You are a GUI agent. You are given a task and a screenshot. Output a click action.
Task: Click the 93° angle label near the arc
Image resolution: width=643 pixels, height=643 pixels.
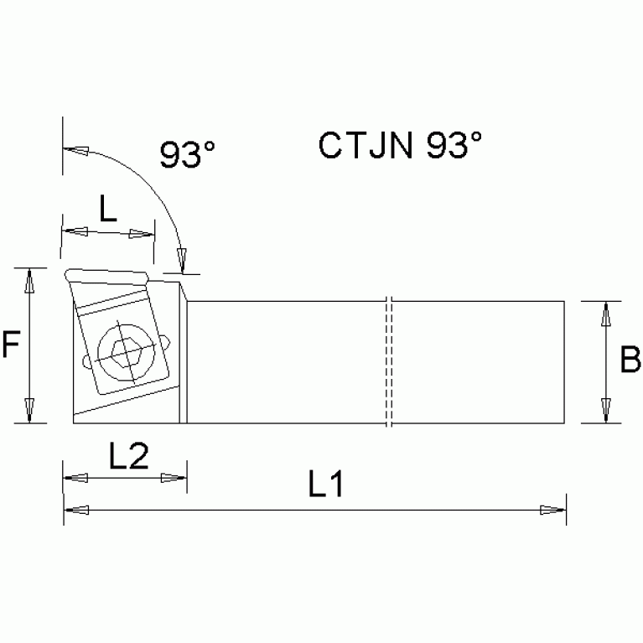(x=188, y=155)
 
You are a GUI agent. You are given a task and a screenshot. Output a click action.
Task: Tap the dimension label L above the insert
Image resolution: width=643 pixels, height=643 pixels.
(x=108, y=209)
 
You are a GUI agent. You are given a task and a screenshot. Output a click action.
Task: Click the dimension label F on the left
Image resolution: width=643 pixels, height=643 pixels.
(x=11, y=345)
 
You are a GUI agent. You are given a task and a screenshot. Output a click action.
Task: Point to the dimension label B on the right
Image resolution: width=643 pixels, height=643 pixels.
(x=630, y=360)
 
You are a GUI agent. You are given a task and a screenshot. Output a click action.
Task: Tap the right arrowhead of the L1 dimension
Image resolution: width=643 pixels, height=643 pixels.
(x=552, y=510)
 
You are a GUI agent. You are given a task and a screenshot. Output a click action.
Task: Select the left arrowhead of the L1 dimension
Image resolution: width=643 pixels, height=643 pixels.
(x=75, y=509)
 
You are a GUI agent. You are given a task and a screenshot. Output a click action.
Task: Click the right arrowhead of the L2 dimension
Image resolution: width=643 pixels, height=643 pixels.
(x=174, y=479)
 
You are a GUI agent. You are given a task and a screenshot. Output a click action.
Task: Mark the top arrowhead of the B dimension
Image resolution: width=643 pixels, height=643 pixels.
(x=604, y=315)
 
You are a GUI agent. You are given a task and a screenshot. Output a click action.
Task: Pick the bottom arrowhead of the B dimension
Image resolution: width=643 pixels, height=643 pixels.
(x=604, y=410)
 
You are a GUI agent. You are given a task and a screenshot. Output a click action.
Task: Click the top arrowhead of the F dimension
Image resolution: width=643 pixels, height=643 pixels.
(x=30, y=281)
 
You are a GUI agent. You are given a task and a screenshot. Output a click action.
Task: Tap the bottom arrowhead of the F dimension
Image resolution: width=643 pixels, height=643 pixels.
(x=30, y=410)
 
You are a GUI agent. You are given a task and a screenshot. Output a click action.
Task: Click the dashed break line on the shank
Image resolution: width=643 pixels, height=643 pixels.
(x=389, y=361)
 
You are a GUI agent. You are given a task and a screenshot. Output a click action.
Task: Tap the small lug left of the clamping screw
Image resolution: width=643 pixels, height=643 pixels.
(x=86, y=362)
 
